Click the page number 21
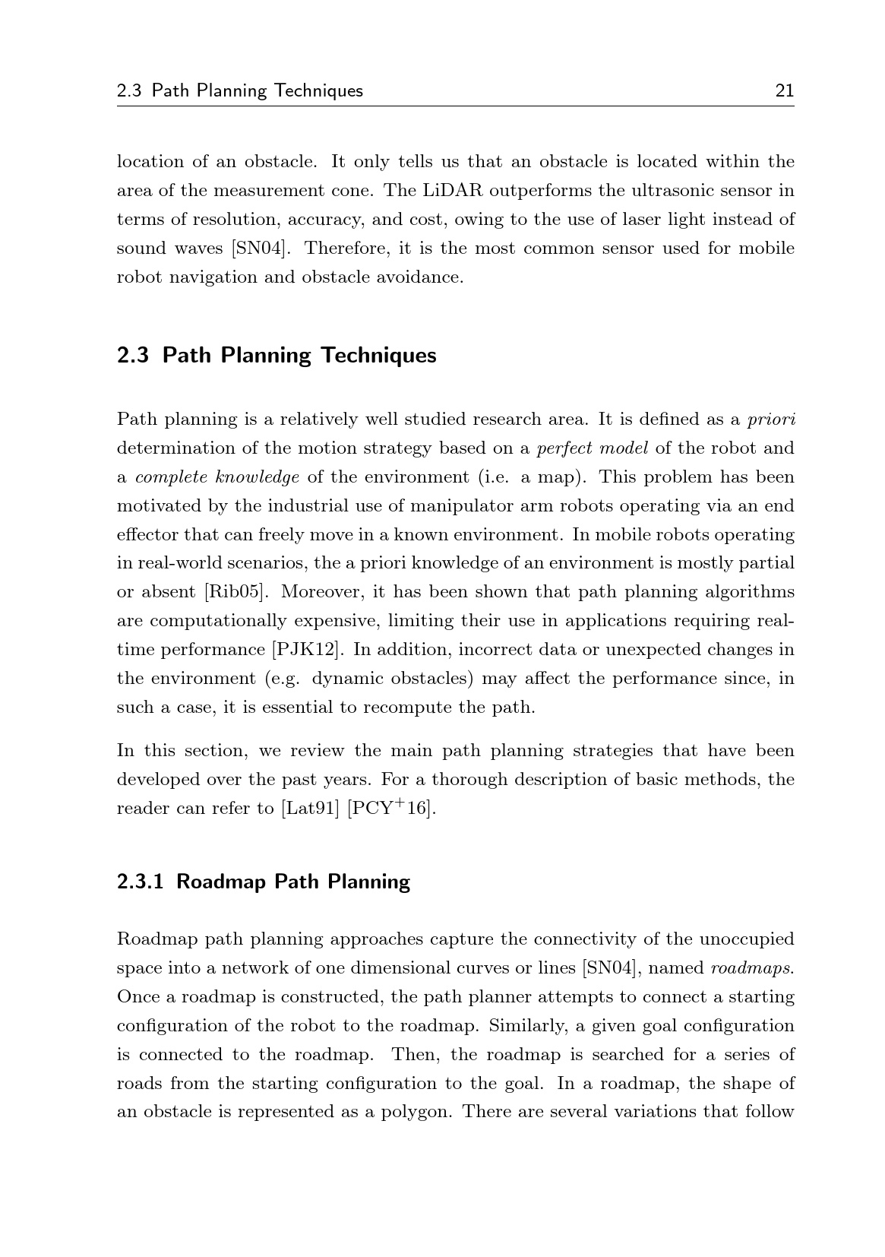click(x=784, y=91)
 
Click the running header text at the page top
click(x=240, y=91)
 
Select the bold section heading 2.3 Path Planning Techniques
click(x=277, y=356)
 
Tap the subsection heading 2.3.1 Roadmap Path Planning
click(x=263, y=882)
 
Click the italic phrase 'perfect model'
click(x=592, y=448)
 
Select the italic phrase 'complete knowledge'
click(x=217, y=477)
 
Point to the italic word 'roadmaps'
click(x=751, y=968)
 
